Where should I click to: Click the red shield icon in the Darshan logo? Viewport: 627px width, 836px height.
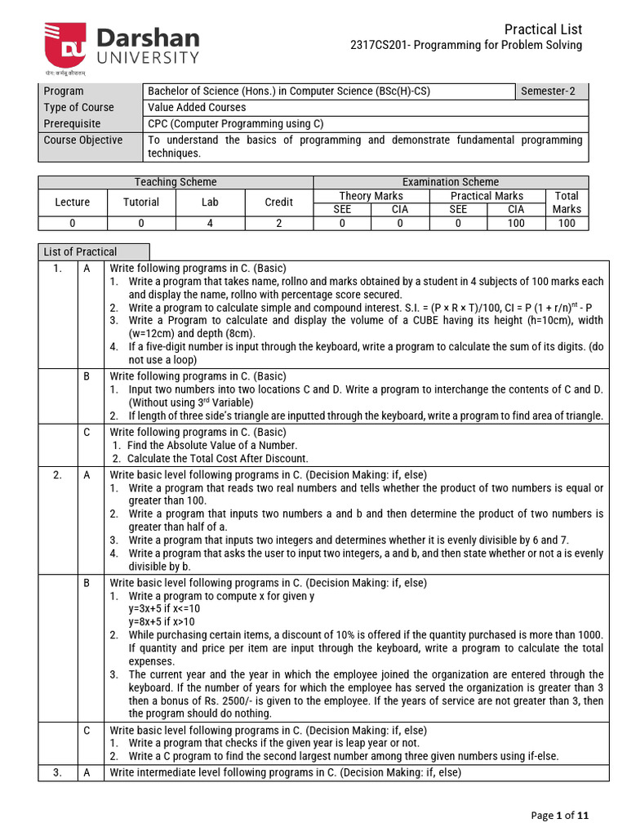64,46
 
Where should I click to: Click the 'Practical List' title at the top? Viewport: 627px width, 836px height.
543,29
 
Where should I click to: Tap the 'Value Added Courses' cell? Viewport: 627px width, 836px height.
197,108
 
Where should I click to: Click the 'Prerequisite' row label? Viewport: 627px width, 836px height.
73,124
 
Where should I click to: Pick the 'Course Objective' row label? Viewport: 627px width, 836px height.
83,140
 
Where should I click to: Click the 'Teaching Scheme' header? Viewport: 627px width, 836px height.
176,182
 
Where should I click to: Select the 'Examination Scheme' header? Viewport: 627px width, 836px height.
450,182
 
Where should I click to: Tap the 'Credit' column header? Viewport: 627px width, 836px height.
278,202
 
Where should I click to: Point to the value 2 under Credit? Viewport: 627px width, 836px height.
278,223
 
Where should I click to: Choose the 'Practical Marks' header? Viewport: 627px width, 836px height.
487,196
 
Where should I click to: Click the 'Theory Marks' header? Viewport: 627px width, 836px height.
371,196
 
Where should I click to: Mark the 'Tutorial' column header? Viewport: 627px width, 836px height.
141,202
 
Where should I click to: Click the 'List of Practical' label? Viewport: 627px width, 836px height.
80,252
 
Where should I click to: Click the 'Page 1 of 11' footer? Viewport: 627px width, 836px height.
559,815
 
